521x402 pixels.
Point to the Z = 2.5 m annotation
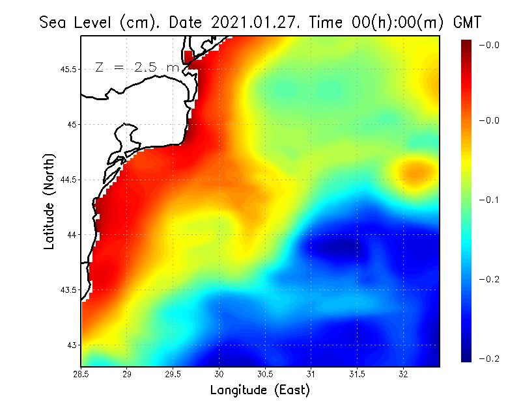[x=136, y=67]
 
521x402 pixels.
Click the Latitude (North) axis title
[x=49, y=201]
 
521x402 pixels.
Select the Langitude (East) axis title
[x=260, y=390]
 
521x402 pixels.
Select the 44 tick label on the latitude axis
[x=72, y=234]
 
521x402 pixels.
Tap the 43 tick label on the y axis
[x=72, y=345]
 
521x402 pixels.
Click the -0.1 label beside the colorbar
[x=489, y=200]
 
